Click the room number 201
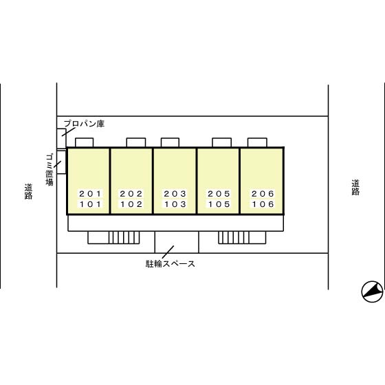[90, 194]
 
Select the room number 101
[90, 204]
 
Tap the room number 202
[131, 194]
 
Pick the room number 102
[131, 204]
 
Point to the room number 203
[175, 194]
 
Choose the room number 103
[175, 204]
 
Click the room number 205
[219, 194]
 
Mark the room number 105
[219, 204]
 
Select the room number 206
[263, 194]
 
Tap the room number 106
[263, 204]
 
